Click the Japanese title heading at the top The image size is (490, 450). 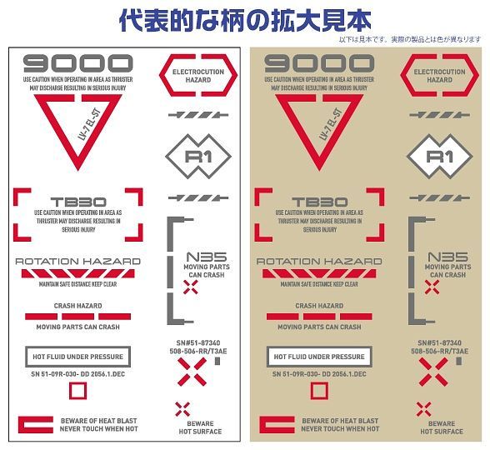(244, 18)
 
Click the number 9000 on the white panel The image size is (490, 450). (78, 63)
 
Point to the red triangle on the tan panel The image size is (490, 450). (319, 125)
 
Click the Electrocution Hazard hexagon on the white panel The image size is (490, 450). (198, 76)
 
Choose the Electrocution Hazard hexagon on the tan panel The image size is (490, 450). (440, 76)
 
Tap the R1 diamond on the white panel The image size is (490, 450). (198, 156)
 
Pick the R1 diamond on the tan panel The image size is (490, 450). (439, 156)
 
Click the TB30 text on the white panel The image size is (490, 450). (78, 202)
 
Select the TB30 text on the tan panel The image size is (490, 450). (319, 202)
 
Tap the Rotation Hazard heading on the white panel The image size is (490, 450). (78, 261)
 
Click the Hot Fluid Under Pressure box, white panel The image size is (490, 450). (78, 357)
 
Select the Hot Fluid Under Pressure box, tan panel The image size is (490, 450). (319, 357)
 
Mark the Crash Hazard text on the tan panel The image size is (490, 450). (319, 306)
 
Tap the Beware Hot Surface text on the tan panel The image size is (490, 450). (442, 427)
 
